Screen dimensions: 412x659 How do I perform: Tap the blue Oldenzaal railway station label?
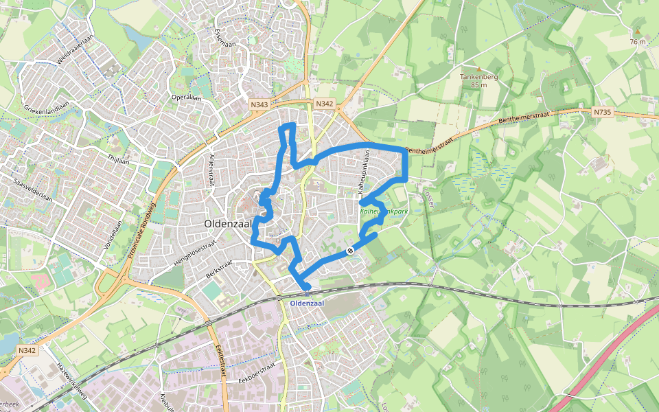point(306,303)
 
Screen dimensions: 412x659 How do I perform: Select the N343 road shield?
point(259,104)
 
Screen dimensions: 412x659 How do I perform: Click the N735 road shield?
point(602,111)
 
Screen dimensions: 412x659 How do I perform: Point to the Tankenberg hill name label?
point(478,77)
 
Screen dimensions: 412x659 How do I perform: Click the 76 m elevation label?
point(638,42)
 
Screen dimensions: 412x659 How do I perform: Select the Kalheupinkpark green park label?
point(384,211)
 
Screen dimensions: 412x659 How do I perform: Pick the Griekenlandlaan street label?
point(47,108)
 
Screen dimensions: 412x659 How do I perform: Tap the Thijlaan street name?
point(118,157)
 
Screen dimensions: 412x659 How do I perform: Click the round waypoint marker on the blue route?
point(350,251)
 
